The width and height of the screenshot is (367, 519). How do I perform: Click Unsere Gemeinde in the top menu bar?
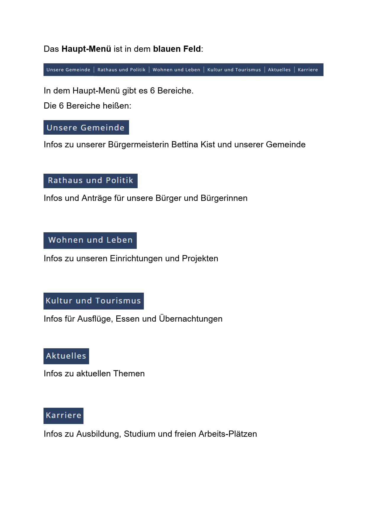pyautogui.click(x=68, y=70)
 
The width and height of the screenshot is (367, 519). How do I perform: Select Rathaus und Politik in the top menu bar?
pyautogui.click(x=121, y=70)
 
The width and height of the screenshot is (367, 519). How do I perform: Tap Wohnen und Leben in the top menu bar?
pyautogui.click(x=176, y=70)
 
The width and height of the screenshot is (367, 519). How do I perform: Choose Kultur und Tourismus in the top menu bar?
pyautogui.click(x=234, y=70)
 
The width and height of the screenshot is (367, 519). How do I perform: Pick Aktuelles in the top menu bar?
pyautogui.click(x=279, y=70)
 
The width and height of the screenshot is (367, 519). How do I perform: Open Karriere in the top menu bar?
pyautogui.click(x=308, y=70)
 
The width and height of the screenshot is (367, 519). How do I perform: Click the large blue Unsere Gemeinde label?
pyautogui.click(x=86, y=128)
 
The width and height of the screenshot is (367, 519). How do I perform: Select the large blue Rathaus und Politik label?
pyautogui.click(x=90, y=180)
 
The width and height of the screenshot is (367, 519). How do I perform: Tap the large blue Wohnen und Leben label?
pyautogui.click(x=90, y=240)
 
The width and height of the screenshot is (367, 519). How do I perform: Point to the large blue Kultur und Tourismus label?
pyautogui.click(x=94, y=301)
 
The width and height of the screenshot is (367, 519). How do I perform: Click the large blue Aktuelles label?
pyautogui.click(x=66, y=356)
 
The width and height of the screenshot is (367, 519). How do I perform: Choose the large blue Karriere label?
pyautogui.click(x=63, y=415)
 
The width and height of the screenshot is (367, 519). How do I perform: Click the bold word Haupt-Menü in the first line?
pyautogui.click(x=86, y=49)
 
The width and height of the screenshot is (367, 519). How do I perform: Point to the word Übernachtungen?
pyautogui.click(x=191, y=319)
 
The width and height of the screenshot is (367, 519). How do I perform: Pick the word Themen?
pyautogui.click(x=129, y=373)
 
